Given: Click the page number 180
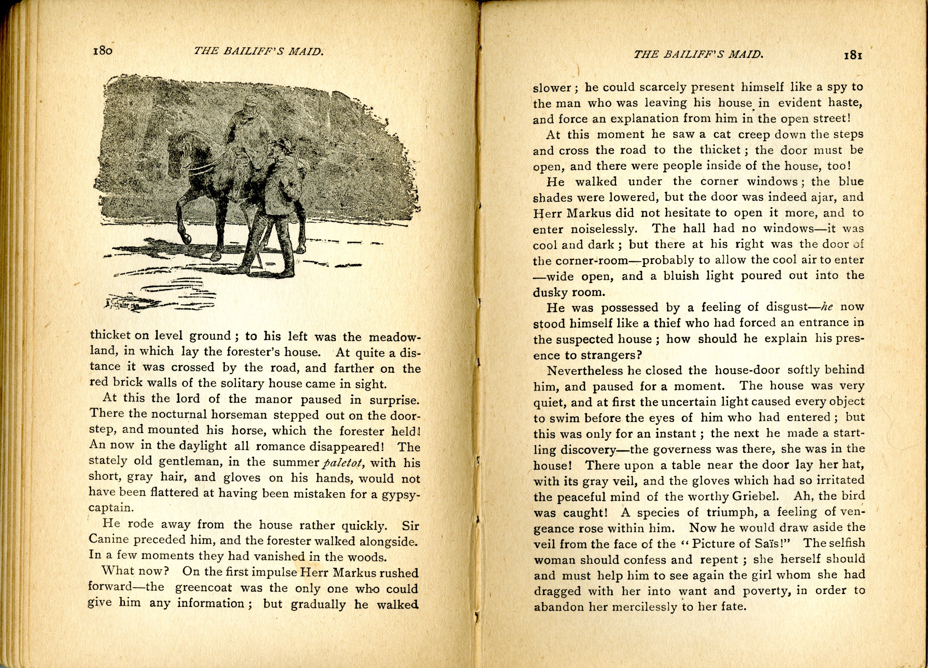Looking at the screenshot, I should [103, 51].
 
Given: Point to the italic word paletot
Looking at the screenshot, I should [343, 463].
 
